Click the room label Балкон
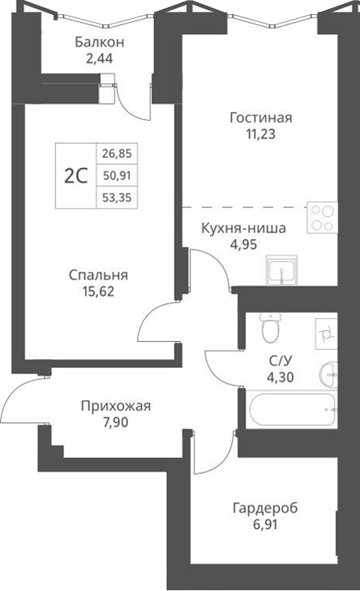[x=100, y=42]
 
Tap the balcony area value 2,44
[x=100, y=57]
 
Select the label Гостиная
[x=261, y=118]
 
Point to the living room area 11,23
[x=261, y=134]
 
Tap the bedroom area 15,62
[x=98, y=291]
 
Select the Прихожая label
[x=116, y=406]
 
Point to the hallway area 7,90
[x=116, y=422]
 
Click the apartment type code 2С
[x=75, y=176]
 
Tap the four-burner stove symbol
[x=320, y=217]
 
